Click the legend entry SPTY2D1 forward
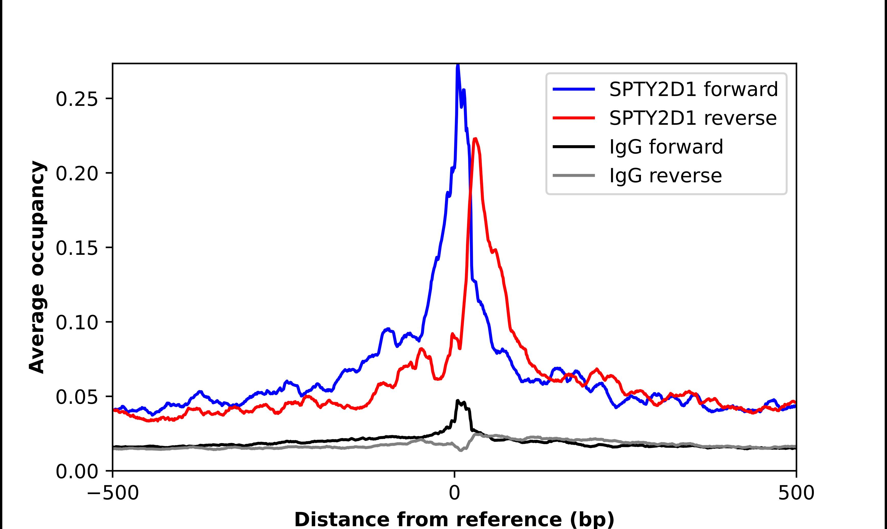click(x=693, y=89)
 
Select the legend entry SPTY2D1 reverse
click(x=693, y=118)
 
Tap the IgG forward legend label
click(x=666, y=147)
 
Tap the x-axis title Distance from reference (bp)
click(x=454, y=519)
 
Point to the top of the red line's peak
click(x=475, y=139)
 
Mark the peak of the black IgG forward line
click(x=458, y=401)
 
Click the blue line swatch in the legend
click(x=574, y=89)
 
